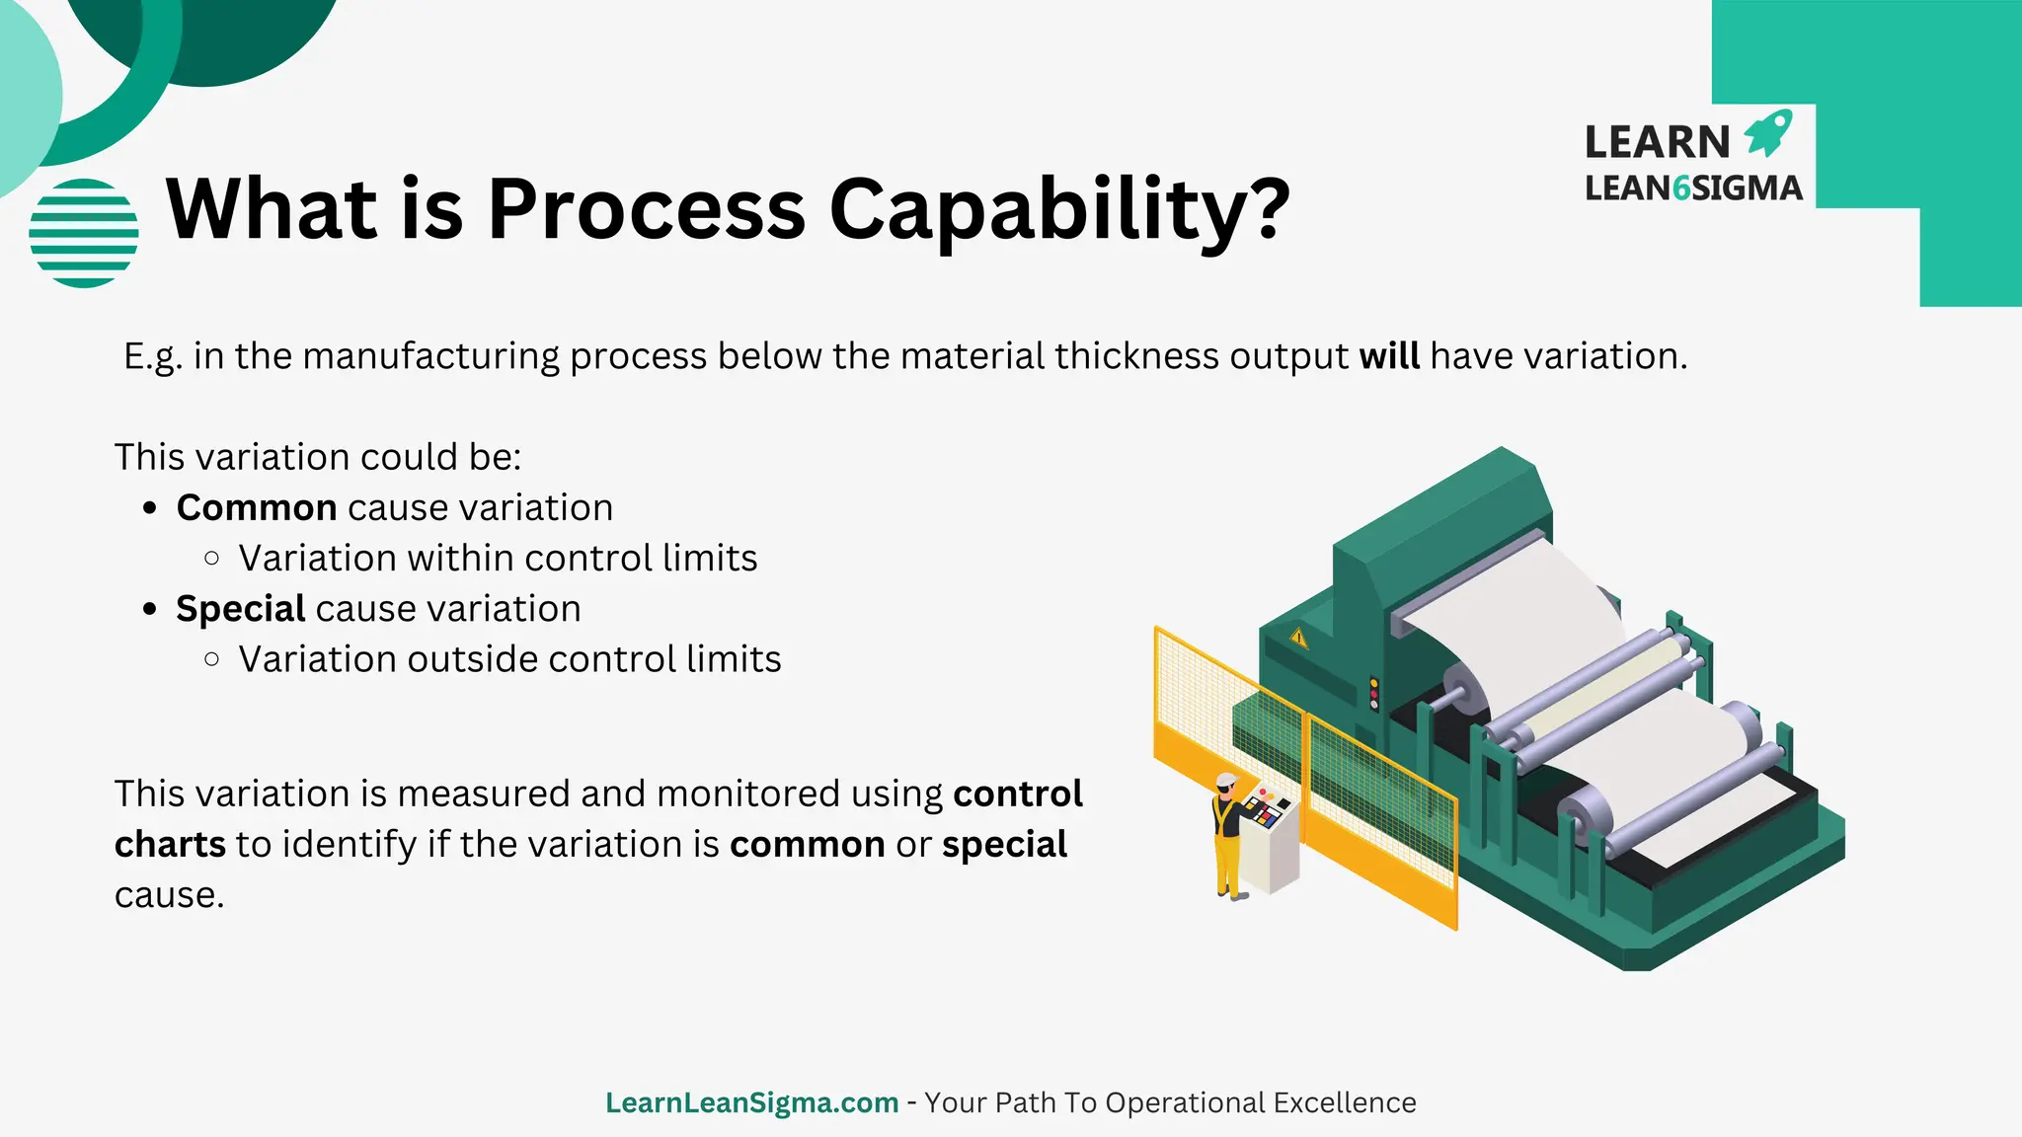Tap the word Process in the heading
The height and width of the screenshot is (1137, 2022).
(647, 209)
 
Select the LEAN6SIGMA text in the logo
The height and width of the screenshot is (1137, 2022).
(1693, 188)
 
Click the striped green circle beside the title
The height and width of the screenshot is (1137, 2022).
(84, 233)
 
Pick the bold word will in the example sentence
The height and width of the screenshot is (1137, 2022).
(1389, 356)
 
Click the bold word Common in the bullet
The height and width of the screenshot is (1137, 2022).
(257, 507)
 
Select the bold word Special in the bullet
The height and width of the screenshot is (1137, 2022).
(240, 609)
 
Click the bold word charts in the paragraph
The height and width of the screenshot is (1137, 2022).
(170, 845)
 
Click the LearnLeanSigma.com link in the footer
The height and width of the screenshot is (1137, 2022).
(751, 1102)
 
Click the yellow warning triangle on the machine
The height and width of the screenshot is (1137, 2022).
(1298, 639)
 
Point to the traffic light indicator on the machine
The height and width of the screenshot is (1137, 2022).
(1373, 693)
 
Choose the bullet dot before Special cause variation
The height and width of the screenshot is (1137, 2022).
(150, 609)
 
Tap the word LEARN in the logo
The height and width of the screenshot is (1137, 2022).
(1657, 142)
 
